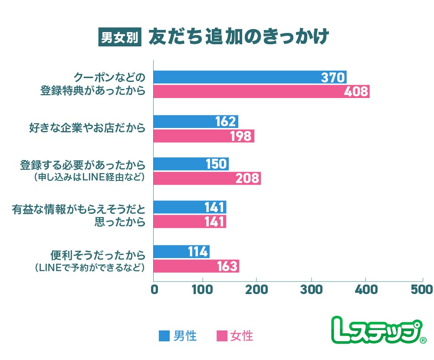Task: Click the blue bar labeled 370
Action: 250,77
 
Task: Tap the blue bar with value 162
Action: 196,121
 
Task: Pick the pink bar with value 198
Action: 204,136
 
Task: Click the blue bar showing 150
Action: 191,164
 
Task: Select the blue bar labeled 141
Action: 190,207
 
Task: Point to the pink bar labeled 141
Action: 190,222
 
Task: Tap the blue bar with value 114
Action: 181,252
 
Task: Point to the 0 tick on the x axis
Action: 154,289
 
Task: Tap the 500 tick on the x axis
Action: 421,289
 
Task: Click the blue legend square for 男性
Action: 164,336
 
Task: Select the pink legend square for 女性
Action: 221,336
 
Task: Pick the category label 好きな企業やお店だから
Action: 87,128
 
